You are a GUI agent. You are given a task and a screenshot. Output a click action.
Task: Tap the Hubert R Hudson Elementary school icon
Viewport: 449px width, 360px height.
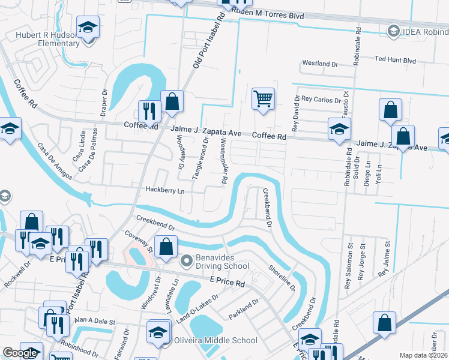(89, 29)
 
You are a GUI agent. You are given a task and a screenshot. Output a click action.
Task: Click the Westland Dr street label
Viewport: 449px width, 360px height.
(321, 63)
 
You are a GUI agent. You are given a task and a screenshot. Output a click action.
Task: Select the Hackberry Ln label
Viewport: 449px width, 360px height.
(165, 190)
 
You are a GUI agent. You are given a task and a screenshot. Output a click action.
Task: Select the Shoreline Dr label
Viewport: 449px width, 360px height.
(282, 278)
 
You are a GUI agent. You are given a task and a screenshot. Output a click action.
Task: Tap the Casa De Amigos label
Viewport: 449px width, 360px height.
(55, 161)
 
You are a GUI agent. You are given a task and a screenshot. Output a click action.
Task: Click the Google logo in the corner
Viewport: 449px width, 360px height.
(20, 353)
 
